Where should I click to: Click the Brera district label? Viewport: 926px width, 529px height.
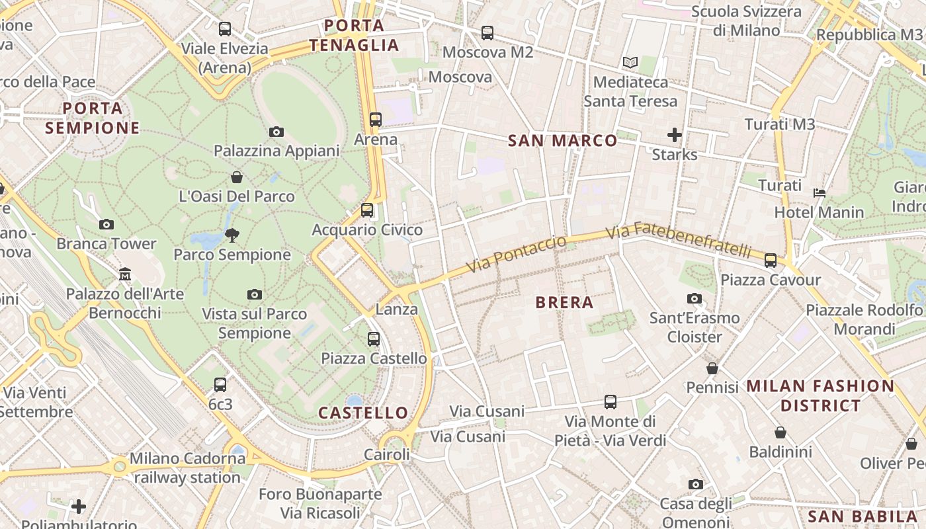564,303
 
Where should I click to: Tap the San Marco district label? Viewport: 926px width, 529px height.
562,140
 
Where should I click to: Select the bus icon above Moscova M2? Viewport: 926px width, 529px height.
487,32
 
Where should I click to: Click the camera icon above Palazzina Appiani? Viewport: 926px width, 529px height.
276,132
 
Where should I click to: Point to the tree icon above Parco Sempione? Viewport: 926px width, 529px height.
232,235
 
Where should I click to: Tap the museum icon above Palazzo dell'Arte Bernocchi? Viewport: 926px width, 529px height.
125,274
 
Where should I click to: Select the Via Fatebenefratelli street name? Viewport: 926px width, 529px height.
679,241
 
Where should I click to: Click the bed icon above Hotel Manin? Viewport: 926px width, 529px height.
819,193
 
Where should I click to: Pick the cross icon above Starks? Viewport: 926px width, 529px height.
674,136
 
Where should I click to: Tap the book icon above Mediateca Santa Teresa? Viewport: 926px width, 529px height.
630,63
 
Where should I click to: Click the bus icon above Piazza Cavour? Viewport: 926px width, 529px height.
771,261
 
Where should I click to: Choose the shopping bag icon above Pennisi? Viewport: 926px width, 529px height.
712,368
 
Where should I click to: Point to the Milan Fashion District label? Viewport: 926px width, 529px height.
820,395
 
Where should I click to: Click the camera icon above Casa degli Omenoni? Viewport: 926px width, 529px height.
694,485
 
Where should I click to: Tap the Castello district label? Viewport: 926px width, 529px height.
363,413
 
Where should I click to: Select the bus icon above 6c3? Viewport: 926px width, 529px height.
220,384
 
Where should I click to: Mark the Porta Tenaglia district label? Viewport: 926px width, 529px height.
354,36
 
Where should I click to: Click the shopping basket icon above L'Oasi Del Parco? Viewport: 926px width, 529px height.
237,177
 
